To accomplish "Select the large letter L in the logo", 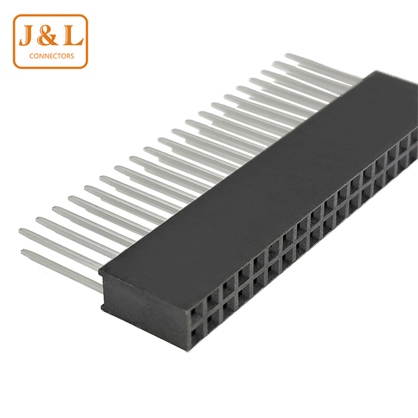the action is [x=73, y=35].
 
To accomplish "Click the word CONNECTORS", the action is [x=52, y=56].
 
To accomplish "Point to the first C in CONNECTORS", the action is [x=32, y=56].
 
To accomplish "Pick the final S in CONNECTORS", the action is [x=72, y=56].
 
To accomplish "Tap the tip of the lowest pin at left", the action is [x=22, y=251].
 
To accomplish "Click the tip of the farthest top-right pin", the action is [x=286, y=55].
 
